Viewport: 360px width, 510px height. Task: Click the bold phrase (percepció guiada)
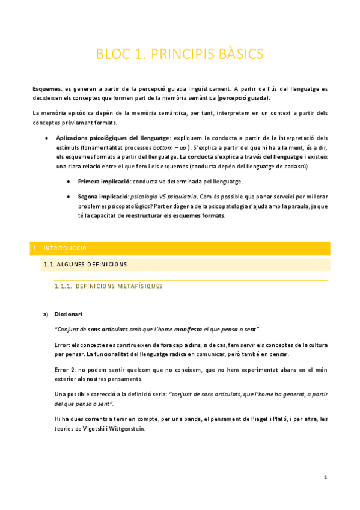point(243,97)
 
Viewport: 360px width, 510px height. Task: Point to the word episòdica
point(74,113)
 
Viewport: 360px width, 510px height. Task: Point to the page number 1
point(325,478)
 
